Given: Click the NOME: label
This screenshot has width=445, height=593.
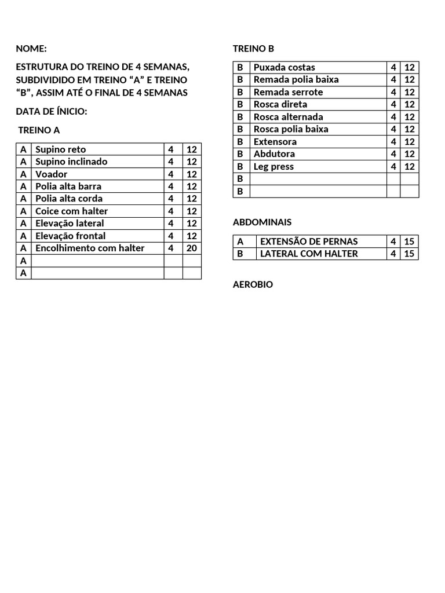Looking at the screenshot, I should pos(31,49).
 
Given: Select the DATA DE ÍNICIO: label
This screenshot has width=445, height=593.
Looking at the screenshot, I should pos(52,111).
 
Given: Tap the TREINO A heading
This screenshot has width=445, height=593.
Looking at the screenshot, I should pos(39,130).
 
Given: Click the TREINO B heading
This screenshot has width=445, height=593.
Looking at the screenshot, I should pos(253,49).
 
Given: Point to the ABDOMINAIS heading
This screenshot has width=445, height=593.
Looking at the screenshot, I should pos(262,222).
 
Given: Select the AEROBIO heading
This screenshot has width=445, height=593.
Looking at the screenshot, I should pos(253,284).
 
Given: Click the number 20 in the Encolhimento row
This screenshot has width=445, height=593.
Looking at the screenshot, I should pos(192,248).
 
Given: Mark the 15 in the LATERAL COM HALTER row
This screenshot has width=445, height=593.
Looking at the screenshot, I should pos(410,254).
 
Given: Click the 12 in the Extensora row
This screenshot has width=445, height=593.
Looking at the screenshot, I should pos(410,142).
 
